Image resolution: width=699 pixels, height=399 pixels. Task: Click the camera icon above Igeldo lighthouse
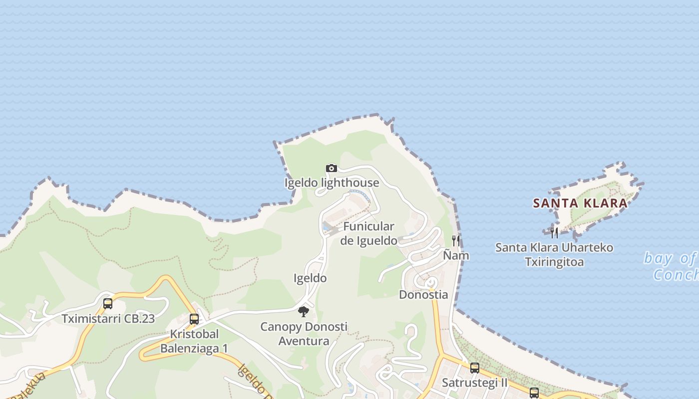331,169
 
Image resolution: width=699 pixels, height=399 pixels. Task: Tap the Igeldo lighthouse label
332,183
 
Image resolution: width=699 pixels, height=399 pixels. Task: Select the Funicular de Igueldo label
369,233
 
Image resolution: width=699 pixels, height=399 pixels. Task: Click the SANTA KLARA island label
580,203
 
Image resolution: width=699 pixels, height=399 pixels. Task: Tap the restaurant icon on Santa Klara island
554,232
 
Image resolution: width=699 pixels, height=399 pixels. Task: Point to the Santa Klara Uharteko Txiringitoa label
554,254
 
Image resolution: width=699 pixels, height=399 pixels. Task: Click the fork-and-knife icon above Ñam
456,241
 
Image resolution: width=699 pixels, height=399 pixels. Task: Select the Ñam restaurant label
456,255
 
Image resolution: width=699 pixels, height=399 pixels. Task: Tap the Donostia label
423,295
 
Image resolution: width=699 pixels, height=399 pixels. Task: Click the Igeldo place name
310,278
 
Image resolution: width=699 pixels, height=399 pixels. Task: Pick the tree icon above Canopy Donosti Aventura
304,312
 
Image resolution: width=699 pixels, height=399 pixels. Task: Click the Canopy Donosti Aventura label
304,334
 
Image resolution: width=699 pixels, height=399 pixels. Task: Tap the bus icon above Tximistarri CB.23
108,304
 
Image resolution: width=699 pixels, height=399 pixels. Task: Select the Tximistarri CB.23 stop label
108,319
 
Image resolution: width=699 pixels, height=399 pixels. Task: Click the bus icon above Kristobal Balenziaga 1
194,319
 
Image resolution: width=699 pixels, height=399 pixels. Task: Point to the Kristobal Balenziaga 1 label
194,341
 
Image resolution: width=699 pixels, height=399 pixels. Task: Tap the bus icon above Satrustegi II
475,369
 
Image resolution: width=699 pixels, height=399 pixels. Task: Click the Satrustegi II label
475,383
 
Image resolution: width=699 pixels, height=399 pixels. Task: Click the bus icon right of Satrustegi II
534,393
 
